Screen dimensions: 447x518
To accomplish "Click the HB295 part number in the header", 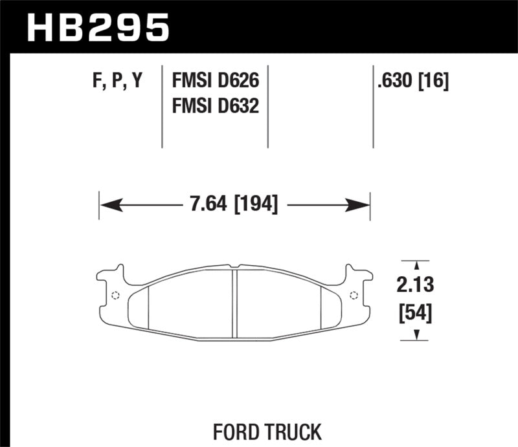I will tap(98, 27).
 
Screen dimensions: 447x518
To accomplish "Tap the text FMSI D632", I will tap(215, 105).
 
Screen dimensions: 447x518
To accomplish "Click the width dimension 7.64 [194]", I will tap(234, 205).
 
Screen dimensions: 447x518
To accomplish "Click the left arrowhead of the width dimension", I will tap(111, 206).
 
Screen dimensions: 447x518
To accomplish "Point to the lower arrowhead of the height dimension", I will tap(415, 334).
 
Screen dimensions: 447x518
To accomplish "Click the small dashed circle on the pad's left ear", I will tap(116, 296).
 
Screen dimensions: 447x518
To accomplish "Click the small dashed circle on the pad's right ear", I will tap(353, 296).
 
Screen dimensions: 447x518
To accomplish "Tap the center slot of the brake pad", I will tap(235, 301).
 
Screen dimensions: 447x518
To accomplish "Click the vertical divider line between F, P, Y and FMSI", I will tap(163, 107).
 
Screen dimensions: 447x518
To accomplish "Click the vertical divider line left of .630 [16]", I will tap(374, 107).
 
